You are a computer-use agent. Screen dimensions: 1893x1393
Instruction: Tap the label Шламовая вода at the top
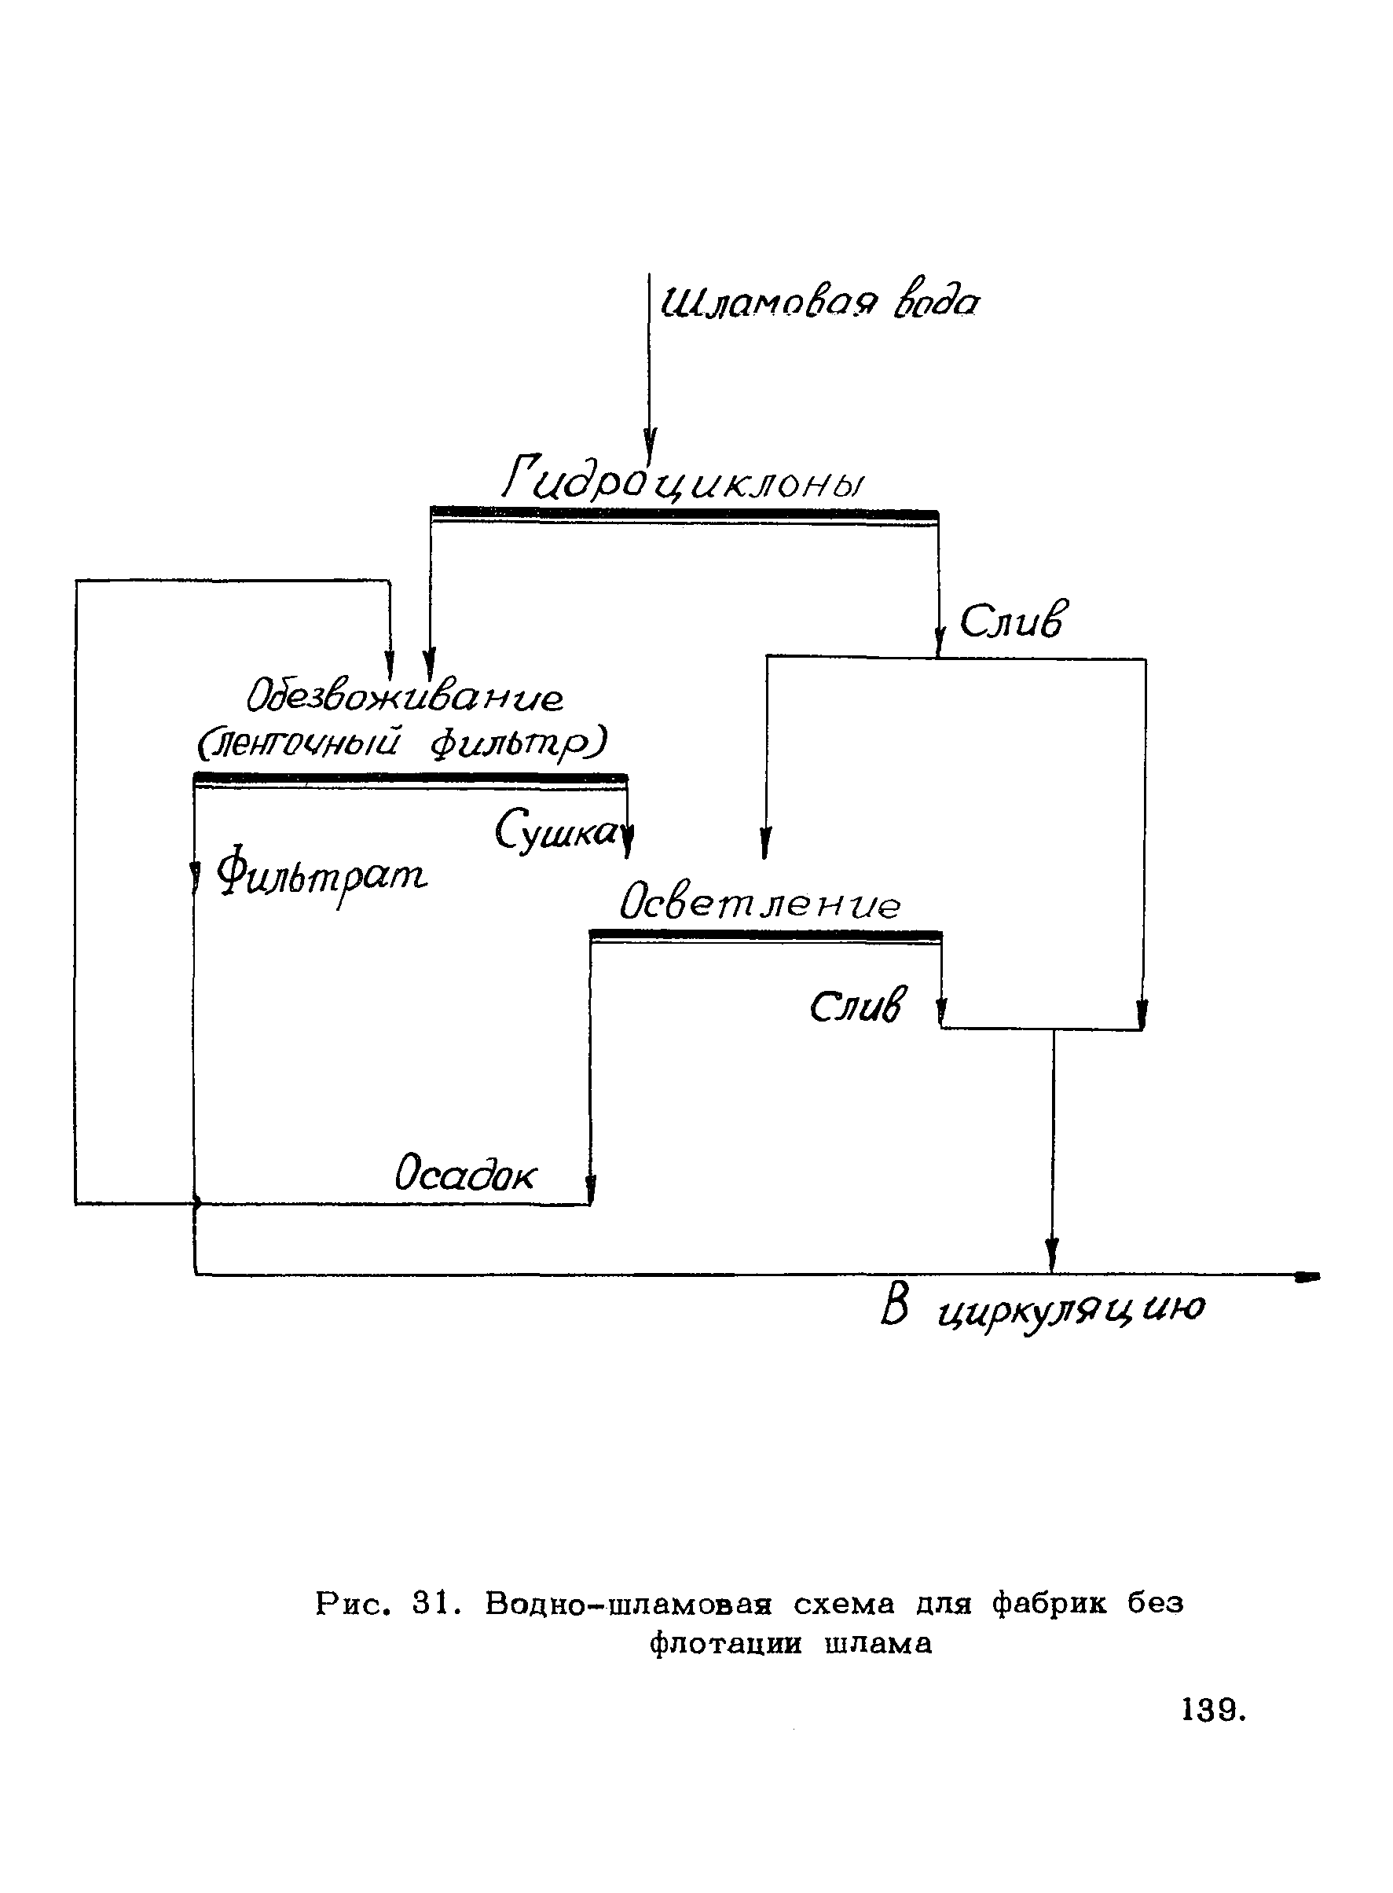(819, 302)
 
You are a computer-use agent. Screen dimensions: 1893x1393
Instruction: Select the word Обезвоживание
(405, 696)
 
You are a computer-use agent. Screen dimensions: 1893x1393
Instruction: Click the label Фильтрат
(322, 876)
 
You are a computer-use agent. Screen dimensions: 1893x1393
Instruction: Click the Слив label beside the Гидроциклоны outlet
(1013, 622)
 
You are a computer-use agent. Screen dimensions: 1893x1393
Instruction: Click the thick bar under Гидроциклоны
(684, 512)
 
